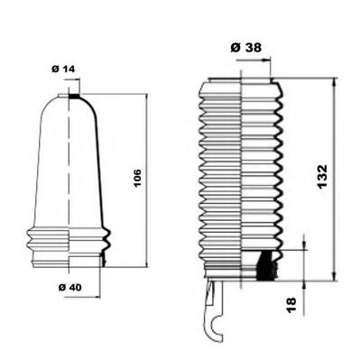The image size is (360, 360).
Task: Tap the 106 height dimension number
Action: pyautogui.click(x=136, y=178)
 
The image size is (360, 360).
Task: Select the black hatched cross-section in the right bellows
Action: pyautogui.click(x=265, y=264)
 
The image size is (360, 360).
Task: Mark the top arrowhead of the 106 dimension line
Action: pyautogui.click(x=146, y=96)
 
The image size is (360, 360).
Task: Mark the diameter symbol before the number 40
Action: pyautogui.click(x=59, y=287)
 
